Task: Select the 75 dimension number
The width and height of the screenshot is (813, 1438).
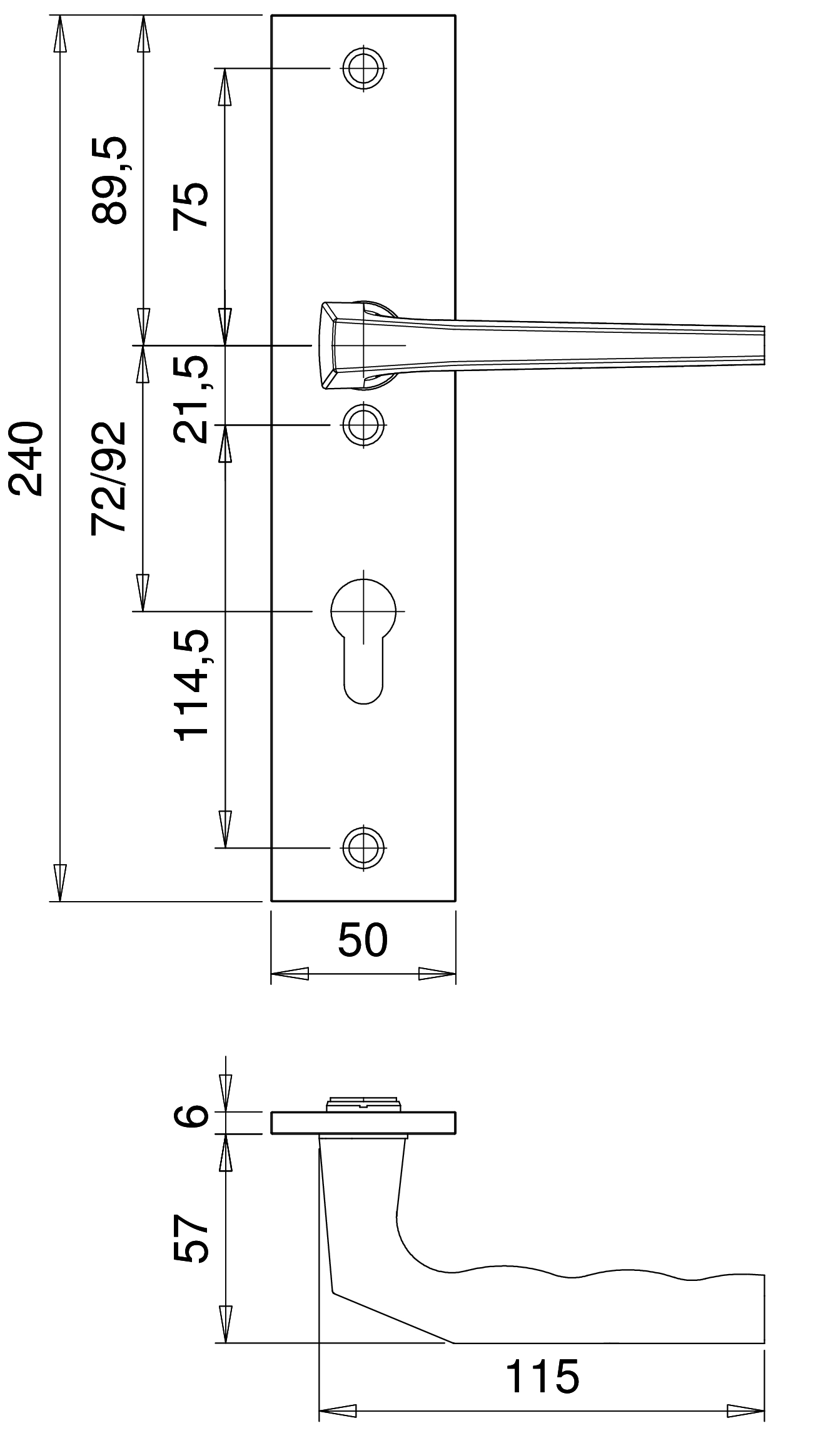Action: click(190, 207)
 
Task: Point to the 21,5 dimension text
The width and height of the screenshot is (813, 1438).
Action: click(191, 400)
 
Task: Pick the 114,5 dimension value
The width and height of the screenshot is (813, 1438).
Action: click(191, 686)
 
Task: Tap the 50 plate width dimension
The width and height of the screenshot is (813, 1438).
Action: click(363, 941)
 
